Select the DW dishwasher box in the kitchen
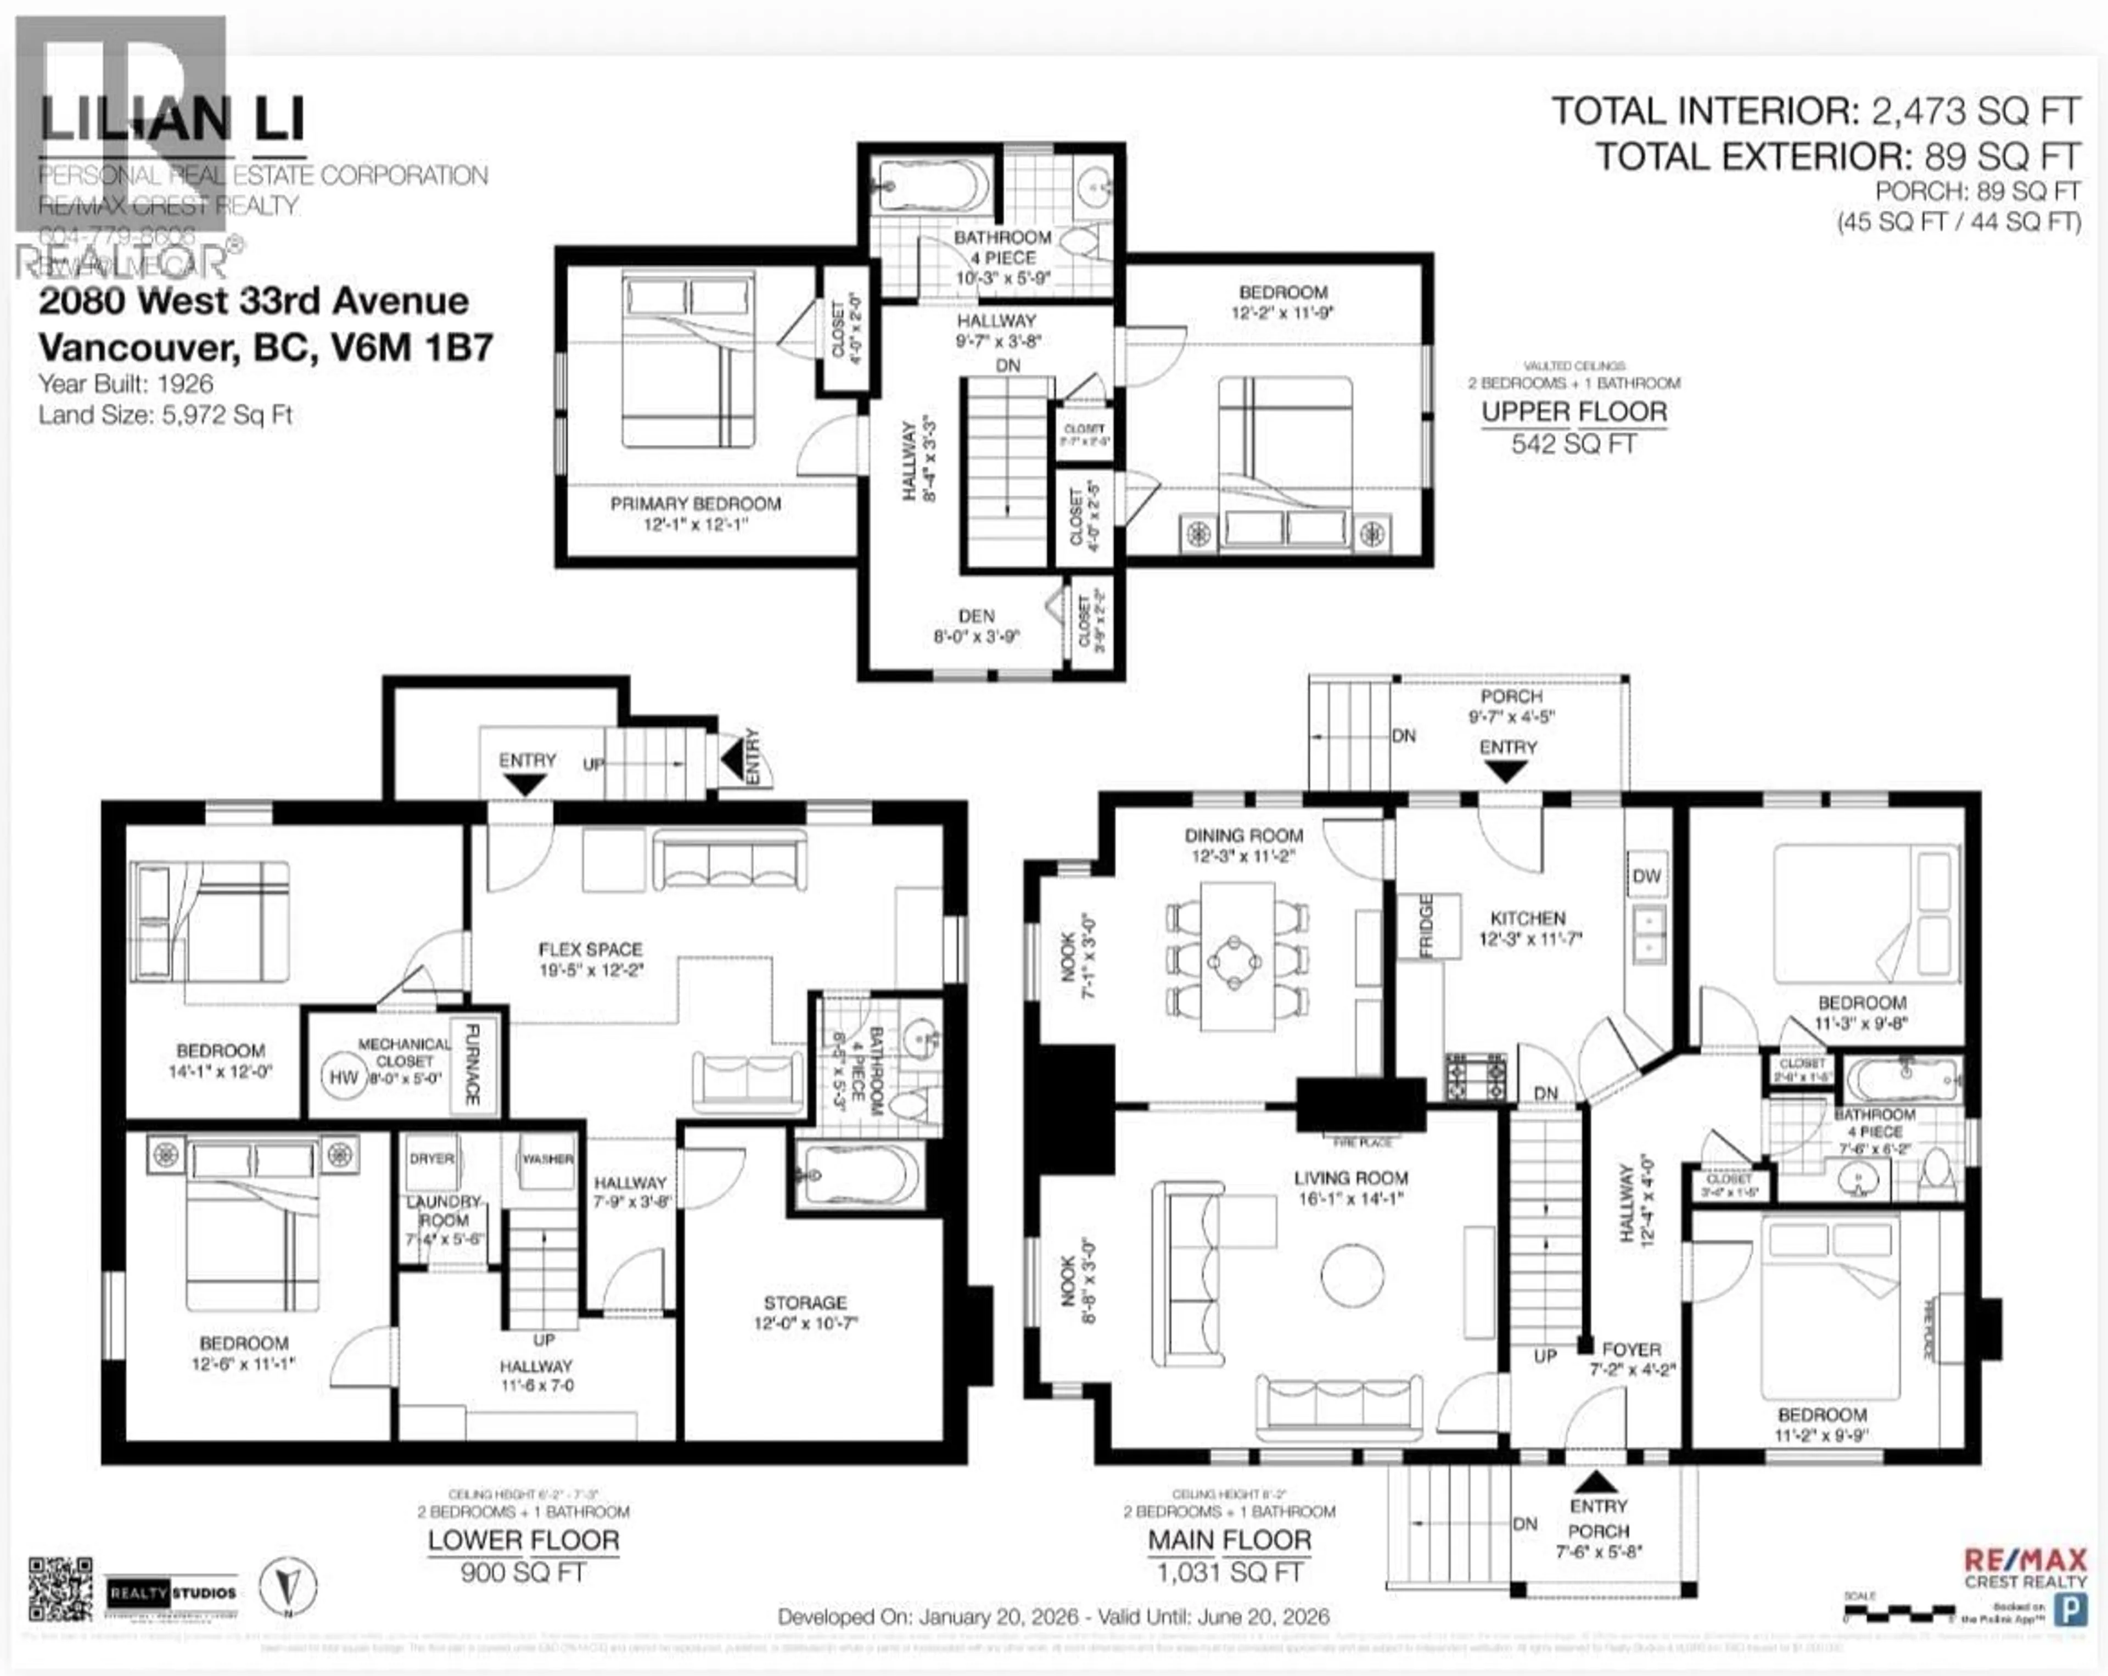pyautogui.click(x=1646, y=876)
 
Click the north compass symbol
pyautogui.click(x=288, y=1584)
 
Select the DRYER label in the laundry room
pyautogui.click(x=431, y=1159)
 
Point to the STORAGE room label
pyautogui.click(x=805, y=1303)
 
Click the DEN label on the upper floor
pyautogui.click(x=976, y=616)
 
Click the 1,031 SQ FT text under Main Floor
pyautogui.click(x=1229, y=1572)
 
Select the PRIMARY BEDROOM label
pyautogui.click(x=695, y=504)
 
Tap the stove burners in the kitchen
pyautogui.click(x=1476, y=1076)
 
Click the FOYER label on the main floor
pyautogui.click(x=1631, y=1349)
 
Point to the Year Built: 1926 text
pyautogui.click(x=125, y=384)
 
